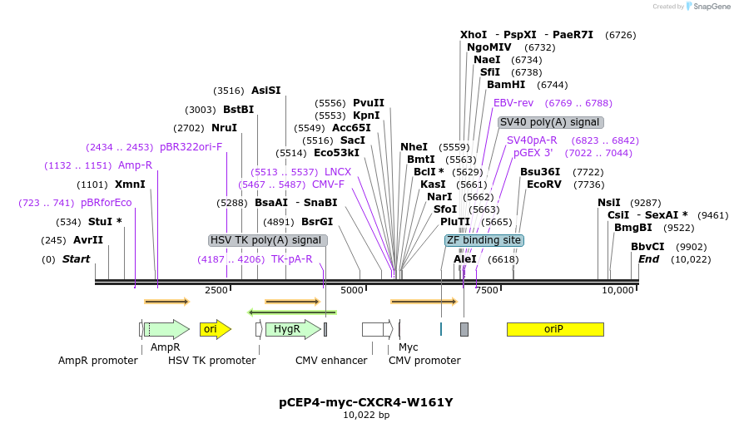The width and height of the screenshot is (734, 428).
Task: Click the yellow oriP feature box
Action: (x=554, y=329)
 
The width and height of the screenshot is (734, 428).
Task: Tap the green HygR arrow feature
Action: (x=292, y=329)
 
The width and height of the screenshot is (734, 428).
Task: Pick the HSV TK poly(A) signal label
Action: (x=266, y=240)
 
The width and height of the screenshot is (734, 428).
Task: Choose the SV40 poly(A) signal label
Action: (x=551, y=122)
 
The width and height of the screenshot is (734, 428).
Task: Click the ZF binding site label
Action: (x=484, y=240)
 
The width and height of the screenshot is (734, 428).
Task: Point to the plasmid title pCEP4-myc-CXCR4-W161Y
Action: (x=366, y=402)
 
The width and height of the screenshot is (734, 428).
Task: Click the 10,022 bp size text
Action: (x=366, y=415)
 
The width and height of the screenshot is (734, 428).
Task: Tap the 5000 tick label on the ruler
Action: (x=352, y=290)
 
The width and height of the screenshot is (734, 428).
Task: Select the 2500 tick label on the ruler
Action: (x=216, y=290)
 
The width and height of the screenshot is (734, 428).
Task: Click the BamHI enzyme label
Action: (x=505, y=85)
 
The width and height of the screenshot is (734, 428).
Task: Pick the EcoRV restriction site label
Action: (x=543, y=184)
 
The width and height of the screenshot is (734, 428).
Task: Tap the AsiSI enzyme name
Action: (x=266, y=91)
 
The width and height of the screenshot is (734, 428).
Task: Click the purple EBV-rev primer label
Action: (x=513, y=103)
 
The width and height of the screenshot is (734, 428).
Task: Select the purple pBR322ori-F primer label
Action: (x=191, y=147)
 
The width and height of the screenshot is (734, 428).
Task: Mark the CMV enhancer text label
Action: (x=331, y=361)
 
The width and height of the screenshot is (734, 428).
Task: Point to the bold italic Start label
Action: (x=76, y=259)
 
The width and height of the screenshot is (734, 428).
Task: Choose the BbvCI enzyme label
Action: (x=647, y=247)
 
